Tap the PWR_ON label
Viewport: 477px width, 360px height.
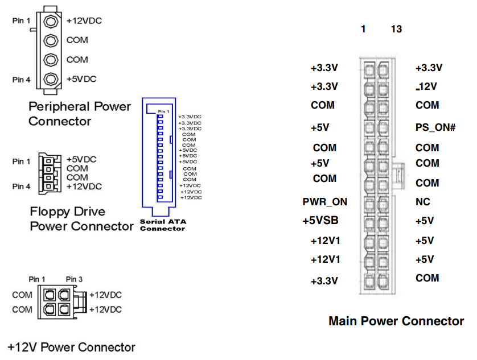324,202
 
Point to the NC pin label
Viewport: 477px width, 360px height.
423,202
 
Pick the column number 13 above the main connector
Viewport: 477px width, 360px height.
396,29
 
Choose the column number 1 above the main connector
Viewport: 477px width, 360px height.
363,29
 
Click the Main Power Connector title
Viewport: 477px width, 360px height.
396,321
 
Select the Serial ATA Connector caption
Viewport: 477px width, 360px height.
162,225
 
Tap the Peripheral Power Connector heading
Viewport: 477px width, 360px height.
80,114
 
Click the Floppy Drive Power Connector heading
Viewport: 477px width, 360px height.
81,219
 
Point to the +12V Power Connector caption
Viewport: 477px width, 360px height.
72,347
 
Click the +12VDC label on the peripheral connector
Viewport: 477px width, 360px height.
84,20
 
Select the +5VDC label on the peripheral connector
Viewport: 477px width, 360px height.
82,79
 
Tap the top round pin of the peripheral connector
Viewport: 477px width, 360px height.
51,21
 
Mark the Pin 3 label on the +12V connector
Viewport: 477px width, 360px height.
75,279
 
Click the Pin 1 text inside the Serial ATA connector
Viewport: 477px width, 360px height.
163,111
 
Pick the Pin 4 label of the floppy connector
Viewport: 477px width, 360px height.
21,186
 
